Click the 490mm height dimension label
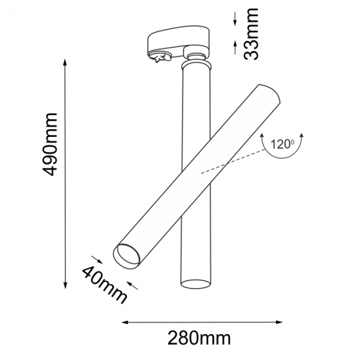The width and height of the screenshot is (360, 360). point(50,145)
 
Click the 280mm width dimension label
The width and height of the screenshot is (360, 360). point(199,338)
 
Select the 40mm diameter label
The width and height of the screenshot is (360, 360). point(105,284)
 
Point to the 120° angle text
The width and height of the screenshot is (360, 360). point(281,145)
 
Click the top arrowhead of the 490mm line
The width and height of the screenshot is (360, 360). point(66,62)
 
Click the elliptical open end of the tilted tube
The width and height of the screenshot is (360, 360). point(128,256)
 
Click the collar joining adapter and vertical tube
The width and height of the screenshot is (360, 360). point(196,64)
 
